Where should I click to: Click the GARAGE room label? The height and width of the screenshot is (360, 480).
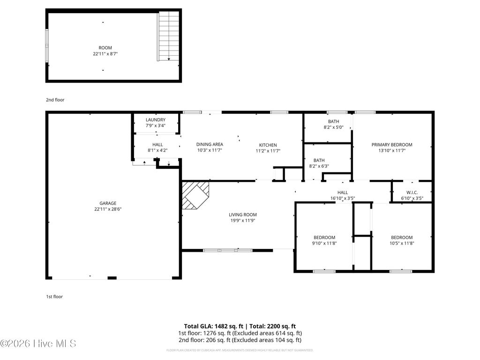coord(107,203)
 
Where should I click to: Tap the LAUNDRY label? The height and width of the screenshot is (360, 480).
coord(155,120)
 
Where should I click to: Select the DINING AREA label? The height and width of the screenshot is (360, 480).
coord(209,144)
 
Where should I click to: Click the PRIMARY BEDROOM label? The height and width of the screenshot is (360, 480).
coord(392,145)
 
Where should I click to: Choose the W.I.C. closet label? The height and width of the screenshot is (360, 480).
coord(412,192)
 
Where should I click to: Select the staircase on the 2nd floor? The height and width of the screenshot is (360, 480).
coord(168,37)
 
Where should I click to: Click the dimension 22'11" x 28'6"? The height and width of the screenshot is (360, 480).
coord(107,209)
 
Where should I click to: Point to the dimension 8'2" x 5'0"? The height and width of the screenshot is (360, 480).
coord(333,127)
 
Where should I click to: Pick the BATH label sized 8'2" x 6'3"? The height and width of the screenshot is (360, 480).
coord(319,160)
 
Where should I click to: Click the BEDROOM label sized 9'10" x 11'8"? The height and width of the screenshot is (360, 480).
coord(324,237)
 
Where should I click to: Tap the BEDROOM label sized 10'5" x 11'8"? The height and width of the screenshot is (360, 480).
coord(402,237)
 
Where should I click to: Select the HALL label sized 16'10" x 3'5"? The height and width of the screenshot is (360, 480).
coord(343,192)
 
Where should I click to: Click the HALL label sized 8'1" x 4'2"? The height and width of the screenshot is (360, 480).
coord(157,144)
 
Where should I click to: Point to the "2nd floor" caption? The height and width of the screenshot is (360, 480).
coord(55,100)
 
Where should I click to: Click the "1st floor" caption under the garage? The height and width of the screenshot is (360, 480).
coord(54,296)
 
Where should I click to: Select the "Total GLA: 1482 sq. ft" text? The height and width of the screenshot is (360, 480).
coord(211,326)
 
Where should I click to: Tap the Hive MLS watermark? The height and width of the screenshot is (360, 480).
coord(38,344)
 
